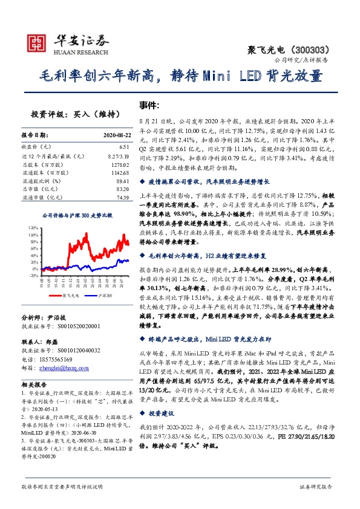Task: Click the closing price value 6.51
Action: coord(125,146)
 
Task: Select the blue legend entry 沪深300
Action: coord(103,296)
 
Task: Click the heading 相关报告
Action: coord(34,384)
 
